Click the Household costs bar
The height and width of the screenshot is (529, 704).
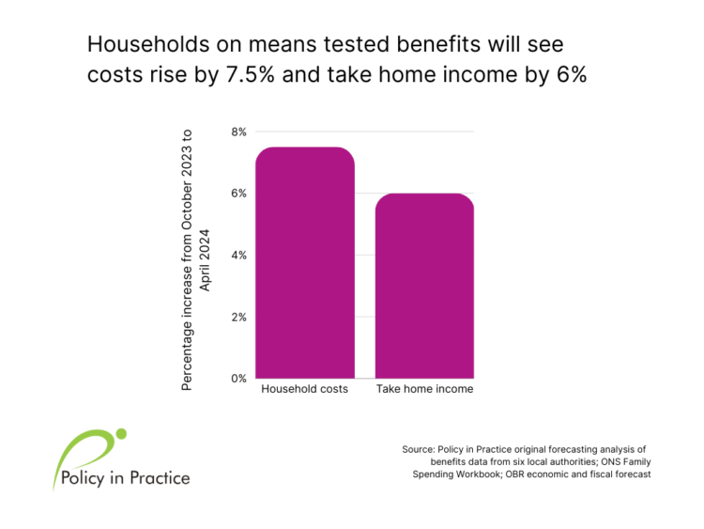(305, 262)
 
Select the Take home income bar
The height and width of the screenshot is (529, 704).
(424, 286)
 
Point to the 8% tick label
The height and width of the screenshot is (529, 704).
(238, 132)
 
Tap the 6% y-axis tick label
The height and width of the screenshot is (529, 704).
(238, 194)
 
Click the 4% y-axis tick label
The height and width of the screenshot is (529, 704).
(238, 256)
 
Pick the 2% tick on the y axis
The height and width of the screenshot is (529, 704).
(238, 318)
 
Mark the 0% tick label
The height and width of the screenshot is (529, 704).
(238, 379)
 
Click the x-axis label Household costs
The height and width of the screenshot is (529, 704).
(304, 389)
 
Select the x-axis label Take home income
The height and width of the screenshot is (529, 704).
(424, 389)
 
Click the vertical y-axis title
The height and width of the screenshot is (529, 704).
(195, 259)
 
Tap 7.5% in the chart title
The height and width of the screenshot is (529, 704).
(250, 74)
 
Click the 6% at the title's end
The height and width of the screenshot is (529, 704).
(572, 74)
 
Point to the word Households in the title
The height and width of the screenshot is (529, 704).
(148, 44)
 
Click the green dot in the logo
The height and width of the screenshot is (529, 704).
(121, 434)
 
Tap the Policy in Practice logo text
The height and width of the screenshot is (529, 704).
(125, 477)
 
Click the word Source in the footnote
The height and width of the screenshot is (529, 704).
(419, 449)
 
